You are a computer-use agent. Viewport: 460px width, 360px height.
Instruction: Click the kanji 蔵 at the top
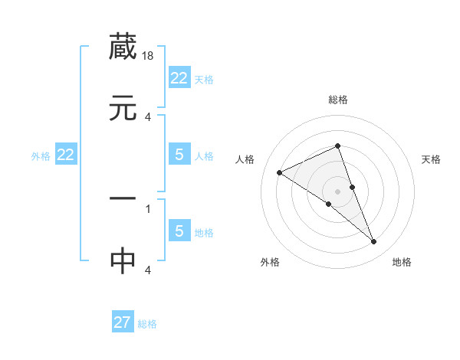click(123, 47)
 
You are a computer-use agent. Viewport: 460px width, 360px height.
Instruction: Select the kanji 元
click(123, 109)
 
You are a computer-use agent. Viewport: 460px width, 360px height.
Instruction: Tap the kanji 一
click(123, 199)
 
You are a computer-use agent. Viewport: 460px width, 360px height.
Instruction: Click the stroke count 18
click(148, 56)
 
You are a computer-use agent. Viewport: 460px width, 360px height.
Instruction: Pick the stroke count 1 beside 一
click(147, 208)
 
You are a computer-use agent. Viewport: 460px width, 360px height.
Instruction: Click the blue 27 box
click(123, 322)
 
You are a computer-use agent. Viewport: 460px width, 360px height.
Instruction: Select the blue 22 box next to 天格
click(179, 78)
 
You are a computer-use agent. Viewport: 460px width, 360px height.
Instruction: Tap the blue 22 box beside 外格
click(66, 155)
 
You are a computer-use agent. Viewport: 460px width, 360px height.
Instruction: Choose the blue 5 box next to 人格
click(179, 155)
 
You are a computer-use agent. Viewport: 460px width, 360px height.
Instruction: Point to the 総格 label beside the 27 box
click(147, 324)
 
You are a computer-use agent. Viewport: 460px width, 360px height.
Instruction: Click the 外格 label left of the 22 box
click(41, 156)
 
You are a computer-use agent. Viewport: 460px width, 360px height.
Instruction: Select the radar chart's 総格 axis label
click(337, 100)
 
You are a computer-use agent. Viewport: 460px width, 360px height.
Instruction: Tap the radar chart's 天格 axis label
click(432, 159)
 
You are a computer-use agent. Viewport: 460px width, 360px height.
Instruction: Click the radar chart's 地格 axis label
click(402, 262)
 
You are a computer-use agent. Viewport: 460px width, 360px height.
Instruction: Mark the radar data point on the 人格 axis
click(280, 173)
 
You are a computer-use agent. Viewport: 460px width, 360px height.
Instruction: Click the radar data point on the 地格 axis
click(374, 242)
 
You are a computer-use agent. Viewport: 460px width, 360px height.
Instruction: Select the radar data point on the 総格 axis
click(337, 146)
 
